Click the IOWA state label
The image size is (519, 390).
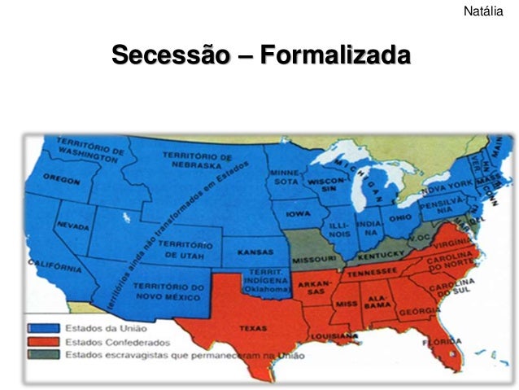[297, 214]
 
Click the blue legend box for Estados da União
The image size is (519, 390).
[37, 327]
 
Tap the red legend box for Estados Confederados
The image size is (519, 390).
[37, 341]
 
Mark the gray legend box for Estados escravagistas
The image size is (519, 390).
[37, 355]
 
